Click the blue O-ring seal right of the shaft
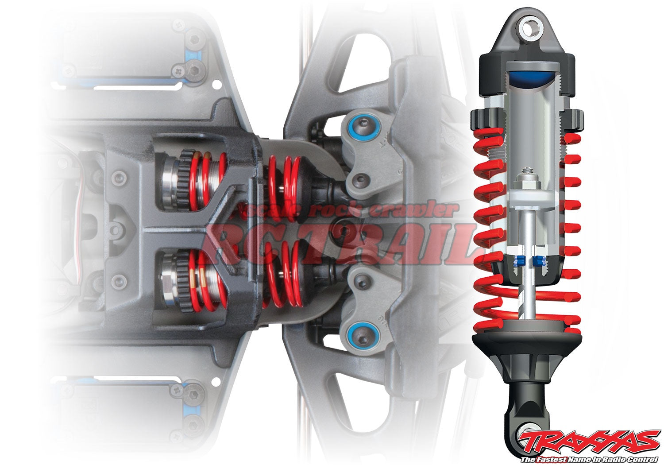538,261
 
